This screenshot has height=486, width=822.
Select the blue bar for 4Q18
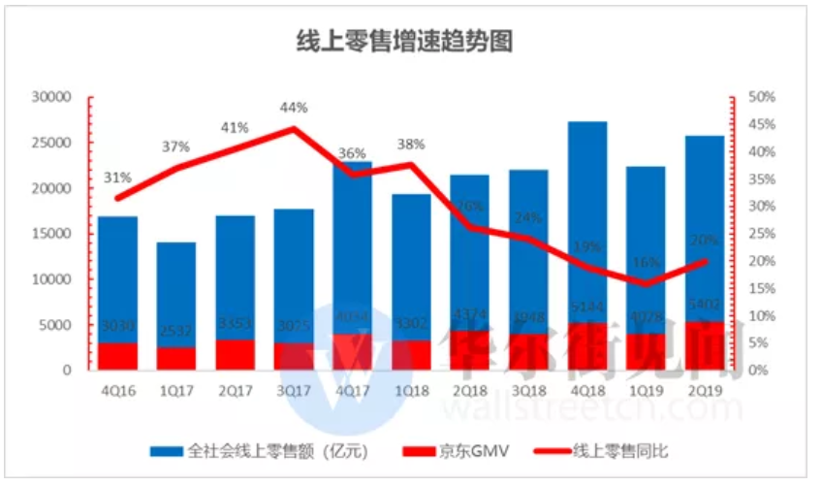586,223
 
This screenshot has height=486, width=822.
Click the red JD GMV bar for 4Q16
117,356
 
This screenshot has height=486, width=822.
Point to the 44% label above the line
294,108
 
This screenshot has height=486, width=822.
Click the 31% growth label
117,178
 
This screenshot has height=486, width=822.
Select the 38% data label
411,145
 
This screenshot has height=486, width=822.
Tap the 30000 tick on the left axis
52,98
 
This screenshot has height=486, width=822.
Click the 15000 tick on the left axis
52,234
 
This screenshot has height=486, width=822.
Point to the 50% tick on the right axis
760,98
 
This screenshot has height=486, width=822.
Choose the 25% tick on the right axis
760,234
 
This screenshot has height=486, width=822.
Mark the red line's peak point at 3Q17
294,129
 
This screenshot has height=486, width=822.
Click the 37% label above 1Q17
175,146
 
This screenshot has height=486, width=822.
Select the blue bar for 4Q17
352,252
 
